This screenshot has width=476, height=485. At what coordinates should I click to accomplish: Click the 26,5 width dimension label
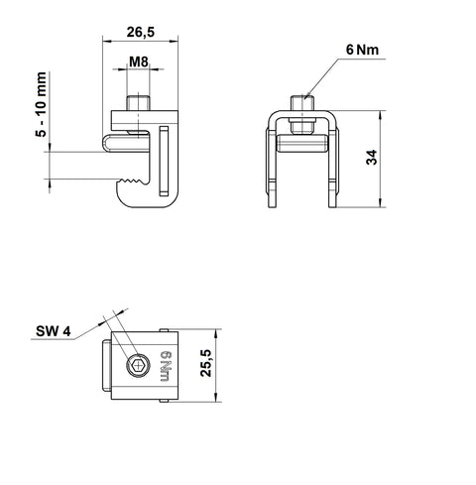pos(141,32)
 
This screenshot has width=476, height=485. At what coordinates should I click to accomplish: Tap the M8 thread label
pos(139,61)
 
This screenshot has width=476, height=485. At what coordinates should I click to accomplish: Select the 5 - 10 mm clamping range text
pos(42,104)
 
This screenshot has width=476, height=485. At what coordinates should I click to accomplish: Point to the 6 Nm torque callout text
pos(362,50)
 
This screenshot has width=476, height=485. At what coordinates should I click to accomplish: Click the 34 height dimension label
pos(372,157)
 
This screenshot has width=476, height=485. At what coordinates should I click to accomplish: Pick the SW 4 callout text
pos(54,331)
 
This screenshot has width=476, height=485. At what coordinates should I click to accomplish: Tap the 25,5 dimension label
pos(206,363)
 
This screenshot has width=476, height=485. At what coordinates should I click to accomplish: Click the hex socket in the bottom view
pos(138,366)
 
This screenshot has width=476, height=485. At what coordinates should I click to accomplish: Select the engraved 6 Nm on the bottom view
pos(166,367)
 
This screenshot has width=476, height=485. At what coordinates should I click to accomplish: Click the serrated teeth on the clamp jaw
pos(133,181)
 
